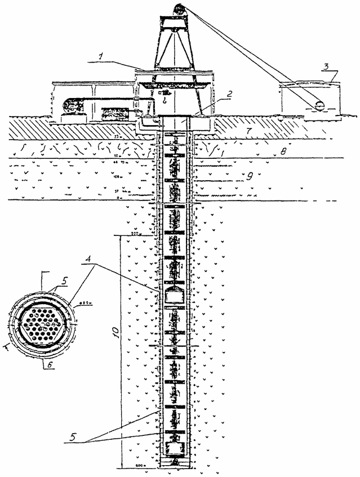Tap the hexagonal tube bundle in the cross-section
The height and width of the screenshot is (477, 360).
[43, 326]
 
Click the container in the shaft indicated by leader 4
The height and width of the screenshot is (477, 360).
[175, 295]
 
